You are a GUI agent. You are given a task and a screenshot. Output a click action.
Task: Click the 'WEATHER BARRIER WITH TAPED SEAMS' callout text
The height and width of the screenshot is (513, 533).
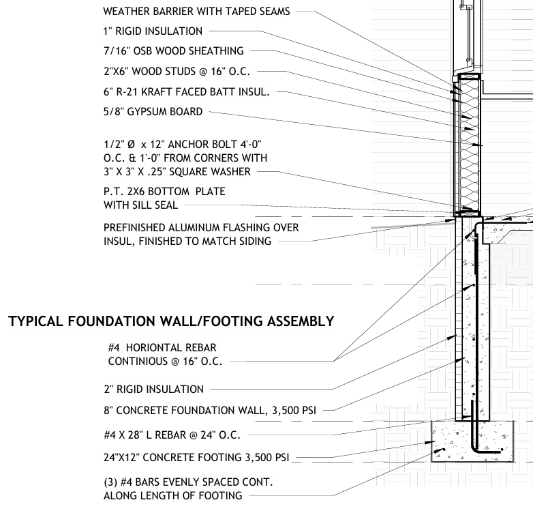point(198,12)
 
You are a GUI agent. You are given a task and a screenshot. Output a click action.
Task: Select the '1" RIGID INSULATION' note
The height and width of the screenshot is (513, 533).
point(153,31)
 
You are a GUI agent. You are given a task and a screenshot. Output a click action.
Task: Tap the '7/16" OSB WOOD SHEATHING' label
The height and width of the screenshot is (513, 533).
point(173,50)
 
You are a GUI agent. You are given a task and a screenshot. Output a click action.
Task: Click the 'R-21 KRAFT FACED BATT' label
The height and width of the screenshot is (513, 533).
point(187,91)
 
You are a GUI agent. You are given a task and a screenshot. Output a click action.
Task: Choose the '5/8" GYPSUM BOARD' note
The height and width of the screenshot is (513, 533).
point(153,111)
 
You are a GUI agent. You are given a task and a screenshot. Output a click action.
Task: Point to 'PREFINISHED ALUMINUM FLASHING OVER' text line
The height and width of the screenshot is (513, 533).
point(201,227)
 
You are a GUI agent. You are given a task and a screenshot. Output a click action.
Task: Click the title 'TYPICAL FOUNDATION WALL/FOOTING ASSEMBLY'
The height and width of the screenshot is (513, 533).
point(171,321)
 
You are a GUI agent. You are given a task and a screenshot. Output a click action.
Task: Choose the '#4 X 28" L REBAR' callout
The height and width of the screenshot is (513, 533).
point(170,434)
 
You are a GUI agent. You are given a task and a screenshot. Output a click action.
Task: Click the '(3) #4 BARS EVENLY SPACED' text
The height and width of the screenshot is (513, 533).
point(188,482)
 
